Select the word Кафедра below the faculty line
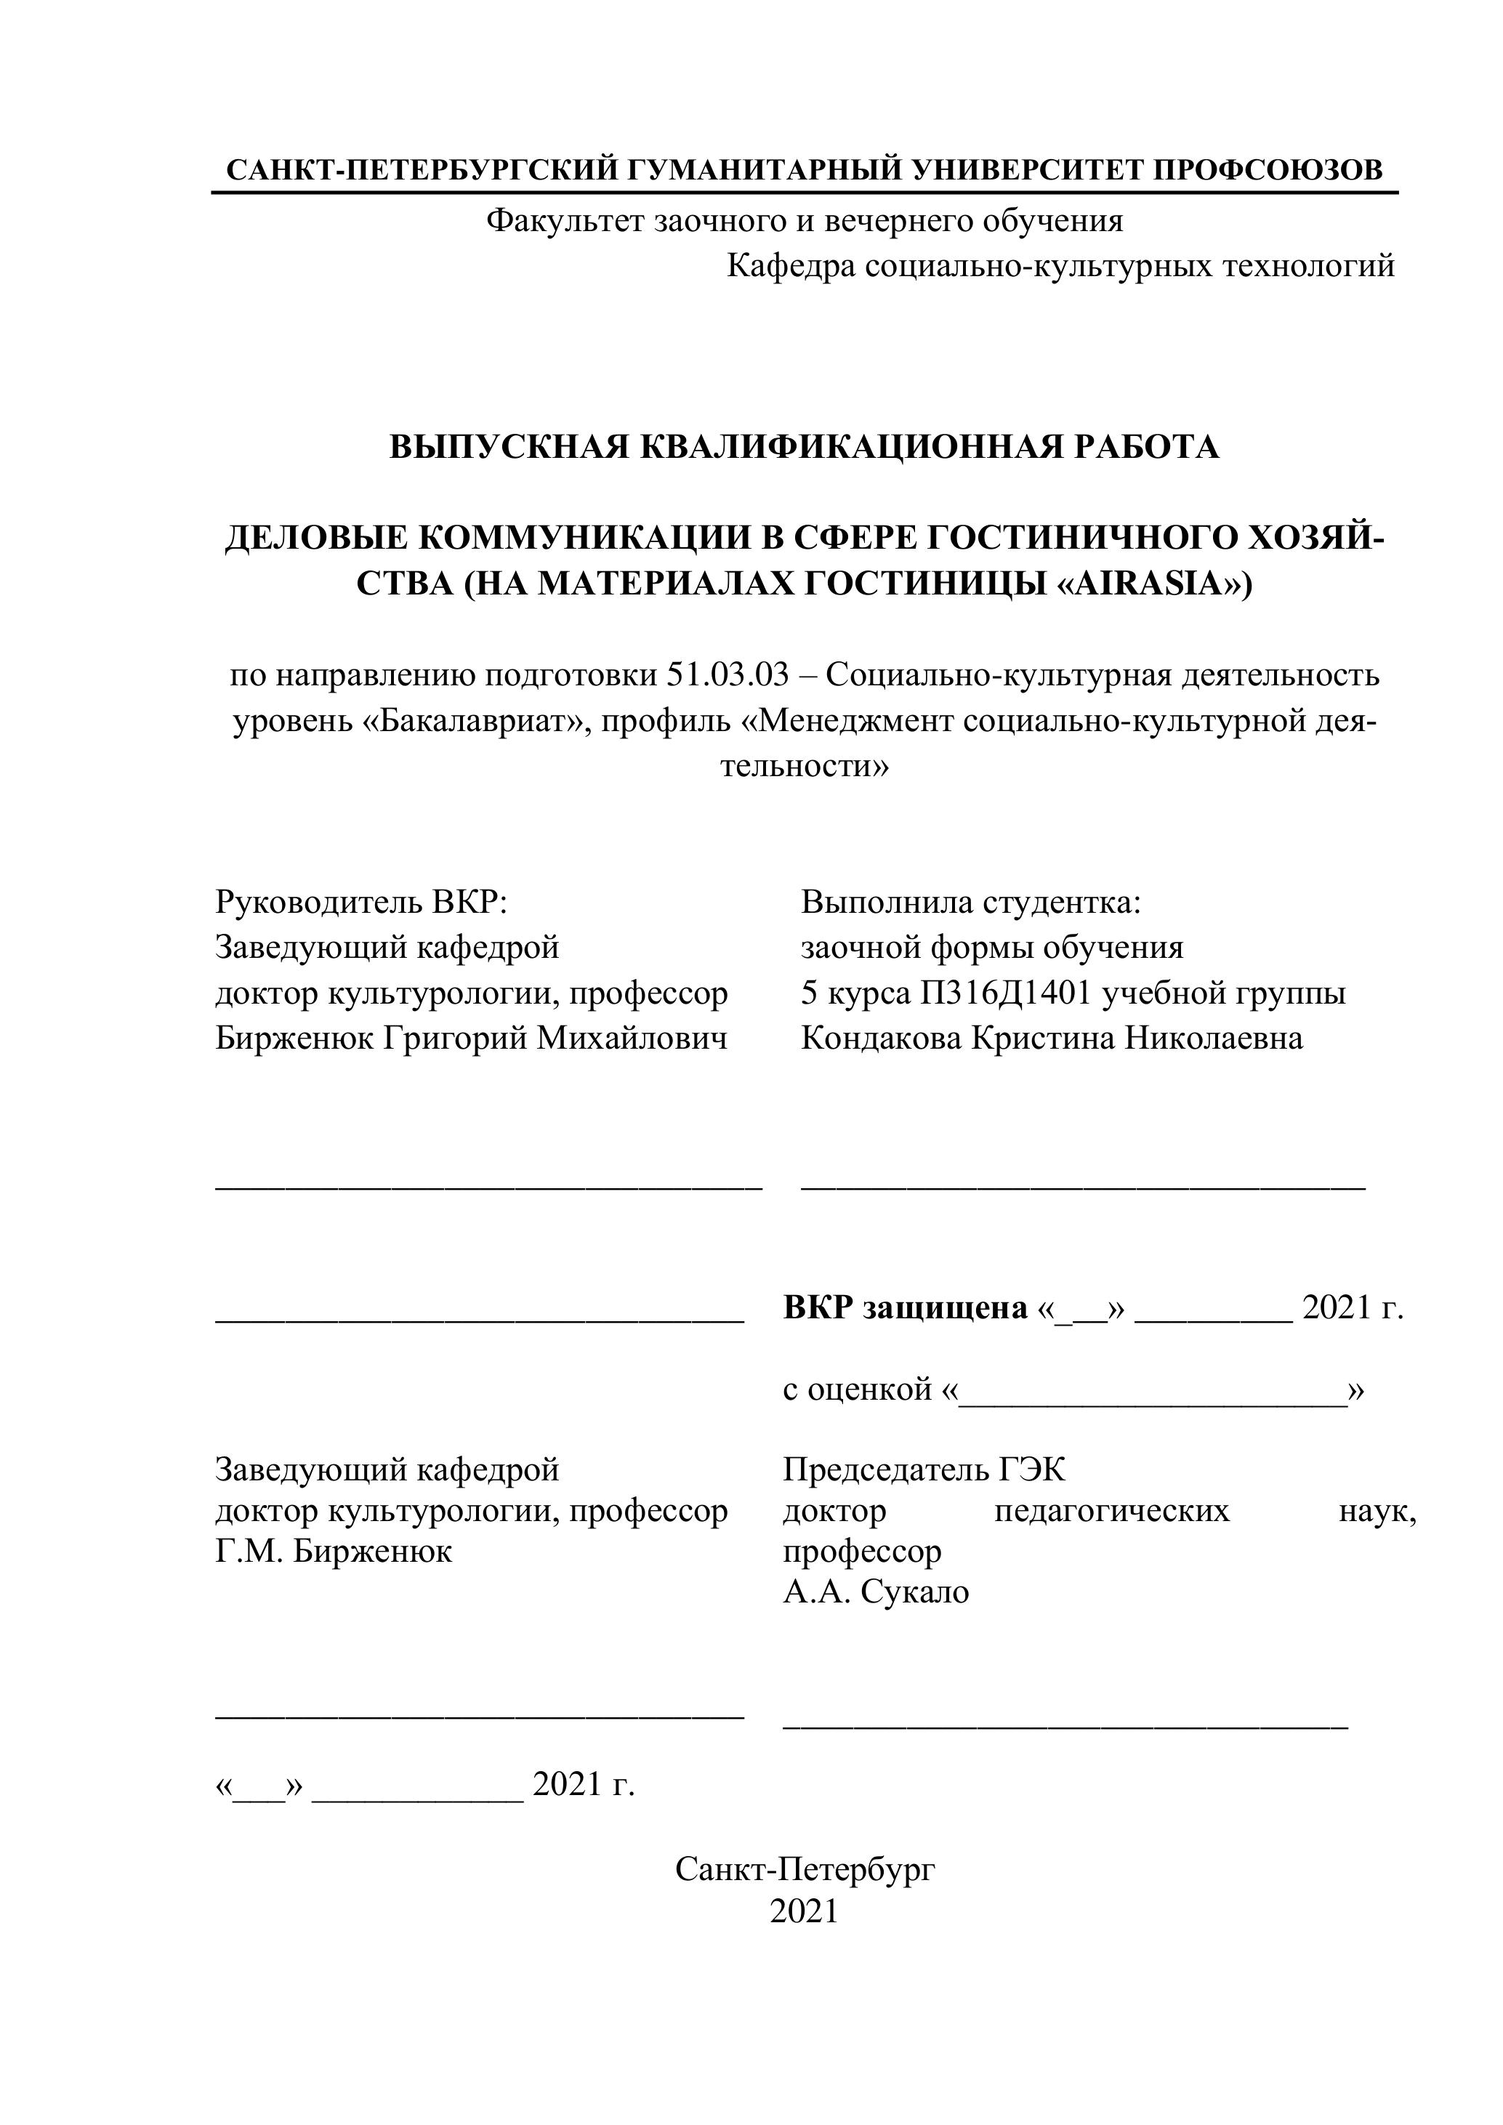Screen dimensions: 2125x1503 (x=789, y=267)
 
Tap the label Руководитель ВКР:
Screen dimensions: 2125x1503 (x=362, y=901)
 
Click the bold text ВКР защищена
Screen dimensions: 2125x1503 (x=904, y=1307)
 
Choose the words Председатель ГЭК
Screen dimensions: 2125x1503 (x=924, y=1469)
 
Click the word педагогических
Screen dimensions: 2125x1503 (x=1111, y=1510)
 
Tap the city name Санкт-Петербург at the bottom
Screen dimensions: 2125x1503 (x=805, y=1871)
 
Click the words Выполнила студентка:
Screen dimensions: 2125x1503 (x=971, y=901)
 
